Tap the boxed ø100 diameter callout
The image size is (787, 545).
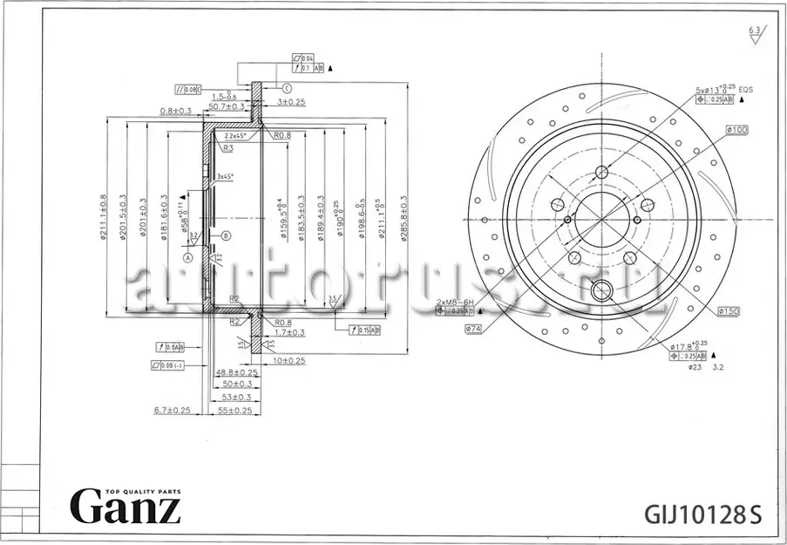[736, 130]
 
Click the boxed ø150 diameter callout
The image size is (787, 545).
[729, 310]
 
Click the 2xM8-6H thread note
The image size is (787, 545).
[454, 301]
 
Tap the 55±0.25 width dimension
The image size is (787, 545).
[233, 410]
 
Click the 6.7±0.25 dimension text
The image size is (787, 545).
[172, 410]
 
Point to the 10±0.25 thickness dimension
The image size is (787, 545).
[288, 360]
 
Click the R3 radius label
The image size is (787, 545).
[228, 149]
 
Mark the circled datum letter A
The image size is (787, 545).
[187, 257]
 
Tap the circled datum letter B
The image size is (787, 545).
[226, 235]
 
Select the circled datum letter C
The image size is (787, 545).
[286, 88]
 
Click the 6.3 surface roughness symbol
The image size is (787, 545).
[754, 33]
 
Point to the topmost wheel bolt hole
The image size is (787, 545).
[600, 170]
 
